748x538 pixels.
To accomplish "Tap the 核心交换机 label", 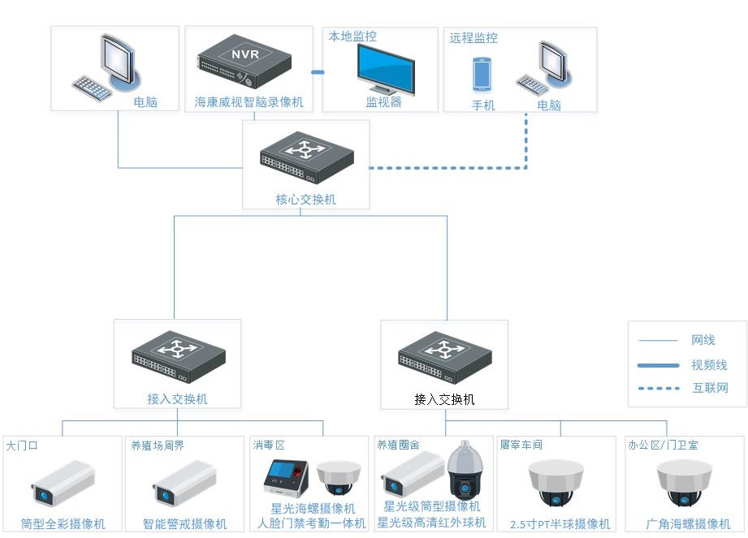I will point(305,200).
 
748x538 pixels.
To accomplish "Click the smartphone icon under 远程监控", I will point(482,75).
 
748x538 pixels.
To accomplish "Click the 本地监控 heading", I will point(352,37).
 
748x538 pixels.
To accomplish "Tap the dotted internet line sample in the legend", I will point(659,388).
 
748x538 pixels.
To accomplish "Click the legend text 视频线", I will point(709,365).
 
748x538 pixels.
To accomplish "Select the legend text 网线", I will point(703,341).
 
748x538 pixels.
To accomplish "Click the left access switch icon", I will point(178,358).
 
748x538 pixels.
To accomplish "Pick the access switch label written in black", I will point(444,400).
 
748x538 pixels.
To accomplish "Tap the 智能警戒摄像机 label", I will point(185,524).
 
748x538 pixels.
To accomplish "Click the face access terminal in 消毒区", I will point(287,482).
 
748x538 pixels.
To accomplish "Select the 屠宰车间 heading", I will point(521,445).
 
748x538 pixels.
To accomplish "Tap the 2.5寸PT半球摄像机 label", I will point(560,524).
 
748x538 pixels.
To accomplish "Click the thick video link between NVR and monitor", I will point(318,73).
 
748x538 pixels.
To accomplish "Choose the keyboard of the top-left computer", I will point(92,87).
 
